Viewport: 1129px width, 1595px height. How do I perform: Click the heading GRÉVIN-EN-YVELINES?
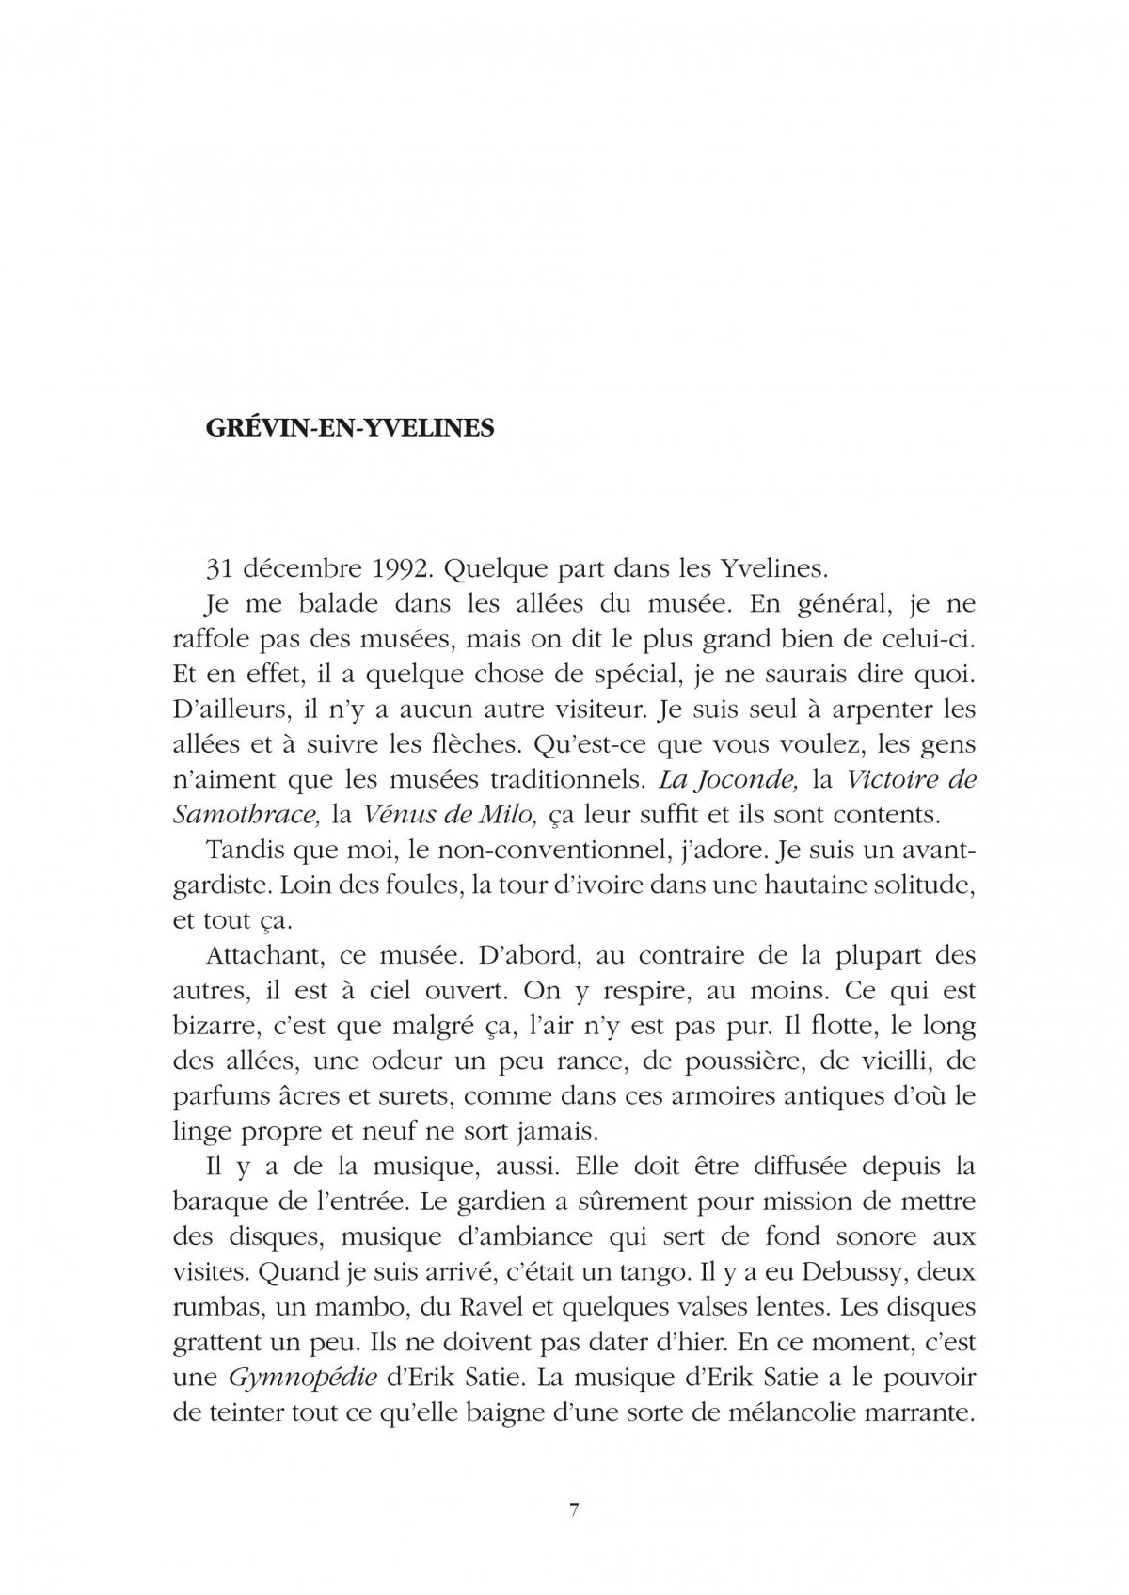click(349, 427)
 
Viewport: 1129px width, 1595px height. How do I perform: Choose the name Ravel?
click(532, 1308)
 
